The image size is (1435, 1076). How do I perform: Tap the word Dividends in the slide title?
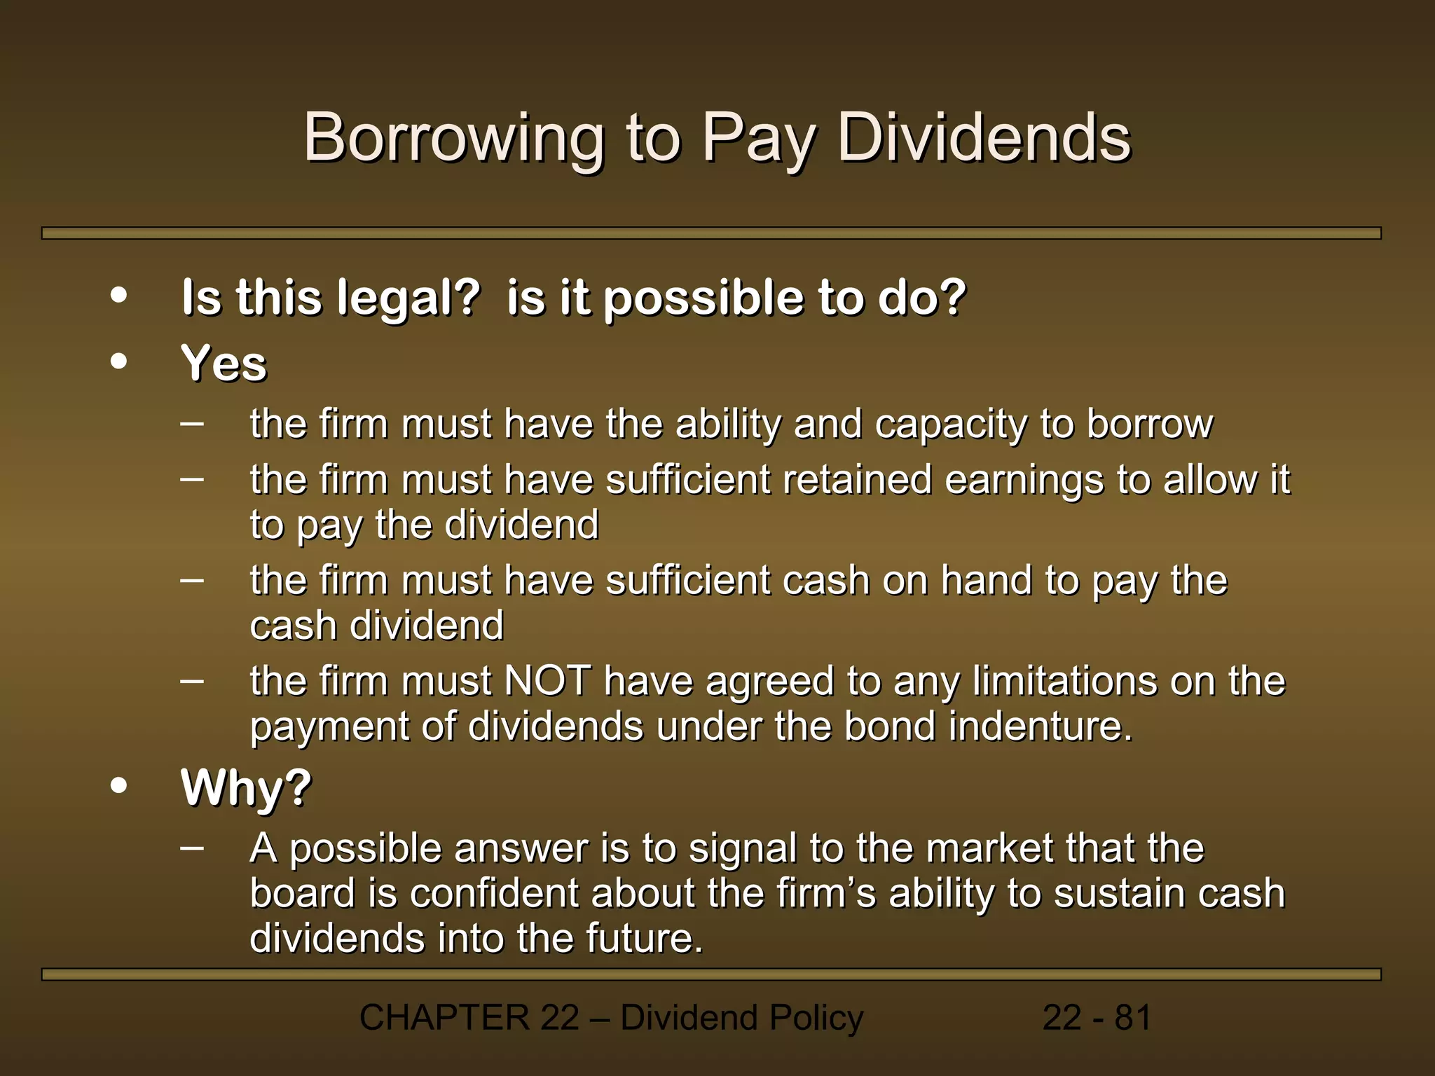[984, 138]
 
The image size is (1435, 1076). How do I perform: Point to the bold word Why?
[246, 788]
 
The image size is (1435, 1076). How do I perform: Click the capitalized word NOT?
[547, 681]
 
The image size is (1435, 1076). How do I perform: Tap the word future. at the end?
[644, 939]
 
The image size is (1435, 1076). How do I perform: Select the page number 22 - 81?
[1097, 1018]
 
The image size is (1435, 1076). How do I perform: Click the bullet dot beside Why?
[119, 785]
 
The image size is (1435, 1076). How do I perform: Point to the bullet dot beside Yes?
[119, 361]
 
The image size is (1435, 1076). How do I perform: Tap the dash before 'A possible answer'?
[192, 847]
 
